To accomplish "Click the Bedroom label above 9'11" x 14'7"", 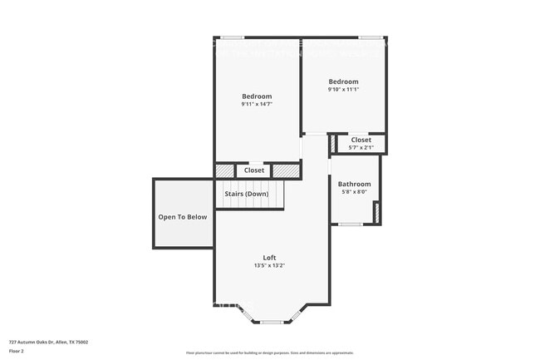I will pyautogui.click(x=257, y=96).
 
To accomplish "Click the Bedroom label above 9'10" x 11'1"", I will pyautogui.click(x=343, y=81).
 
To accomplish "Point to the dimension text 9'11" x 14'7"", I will pyautogui.click(x=257, y=105).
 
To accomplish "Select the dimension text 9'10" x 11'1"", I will pyautogui.click(x=343, y=89).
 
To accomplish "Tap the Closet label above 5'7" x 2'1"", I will pyautogui.click(x=361, y=140).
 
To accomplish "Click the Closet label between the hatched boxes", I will pyautogui.click(x=254, y=170).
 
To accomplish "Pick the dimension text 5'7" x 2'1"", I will pyautogui.click(x=361, y=147).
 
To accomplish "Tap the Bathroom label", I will pyautogui.click(x=354, y=184).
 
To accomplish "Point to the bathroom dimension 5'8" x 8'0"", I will pyautogui.click(x=354, y=192).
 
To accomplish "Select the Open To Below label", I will pyautogui.click(x=183, y=217).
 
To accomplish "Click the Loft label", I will pyautogui.click(x=270, y=258).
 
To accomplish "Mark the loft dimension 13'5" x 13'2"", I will pyautogui.click(x=270, y=266).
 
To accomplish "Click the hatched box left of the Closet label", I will pyautogui.click(x=225, y=170).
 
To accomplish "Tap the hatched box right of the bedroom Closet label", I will pyautogui.click(x=285, y=170).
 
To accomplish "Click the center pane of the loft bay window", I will pyautogui.click(x=272, y=321).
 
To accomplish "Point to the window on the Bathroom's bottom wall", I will pyautogui.click(x=350, y=224).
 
